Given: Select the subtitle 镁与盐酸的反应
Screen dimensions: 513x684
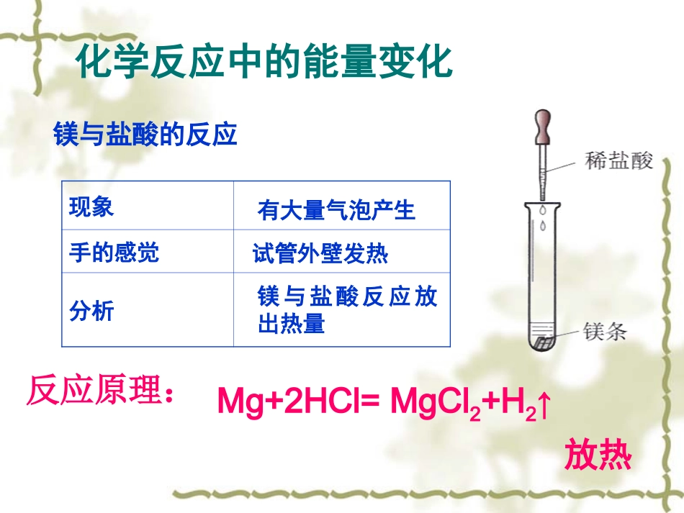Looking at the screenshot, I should pos(145,135).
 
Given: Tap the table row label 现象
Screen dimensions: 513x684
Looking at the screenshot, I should pos(91,208).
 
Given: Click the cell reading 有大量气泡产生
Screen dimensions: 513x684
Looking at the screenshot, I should pos(336,210).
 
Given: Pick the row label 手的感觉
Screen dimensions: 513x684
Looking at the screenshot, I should pos(114,253).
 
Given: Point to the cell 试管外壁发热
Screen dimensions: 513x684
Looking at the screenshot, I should pos(320,254).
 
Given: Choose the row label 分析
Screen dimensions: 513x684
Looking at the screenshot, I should pos(91,311).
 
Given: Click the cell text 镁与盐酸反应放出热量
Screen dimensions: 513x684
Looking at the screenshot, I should pos(347,310).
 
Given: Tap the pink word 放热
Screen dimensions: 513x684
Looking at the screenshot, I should pos(598,454).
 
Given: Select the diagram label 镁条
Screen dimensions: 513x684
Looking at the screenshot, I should pos(606,332).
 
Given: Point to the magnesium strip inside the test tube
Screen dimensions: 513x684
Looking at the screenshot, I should pos(545,337).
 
